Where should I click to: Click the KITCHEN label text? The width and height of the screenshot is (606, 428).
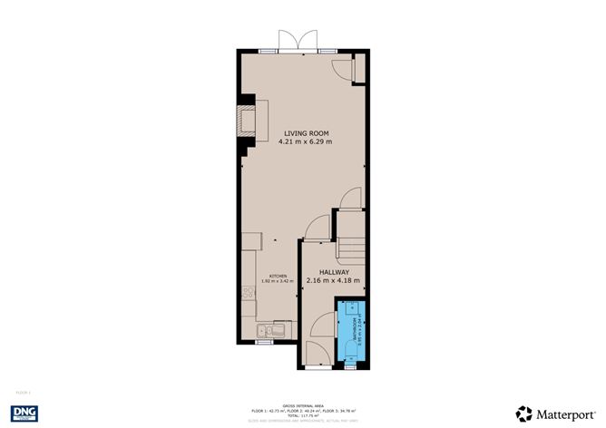[279, 276]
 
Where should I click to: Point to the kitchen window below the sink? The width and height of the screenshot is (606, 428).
[263, 343]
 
